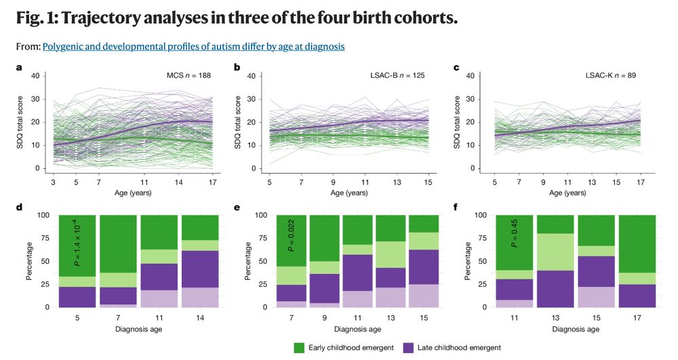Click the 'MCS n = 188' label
tap(189, 75)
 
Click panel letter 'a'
tap(19, 67)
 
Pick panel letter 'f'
tap(456, 203)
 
